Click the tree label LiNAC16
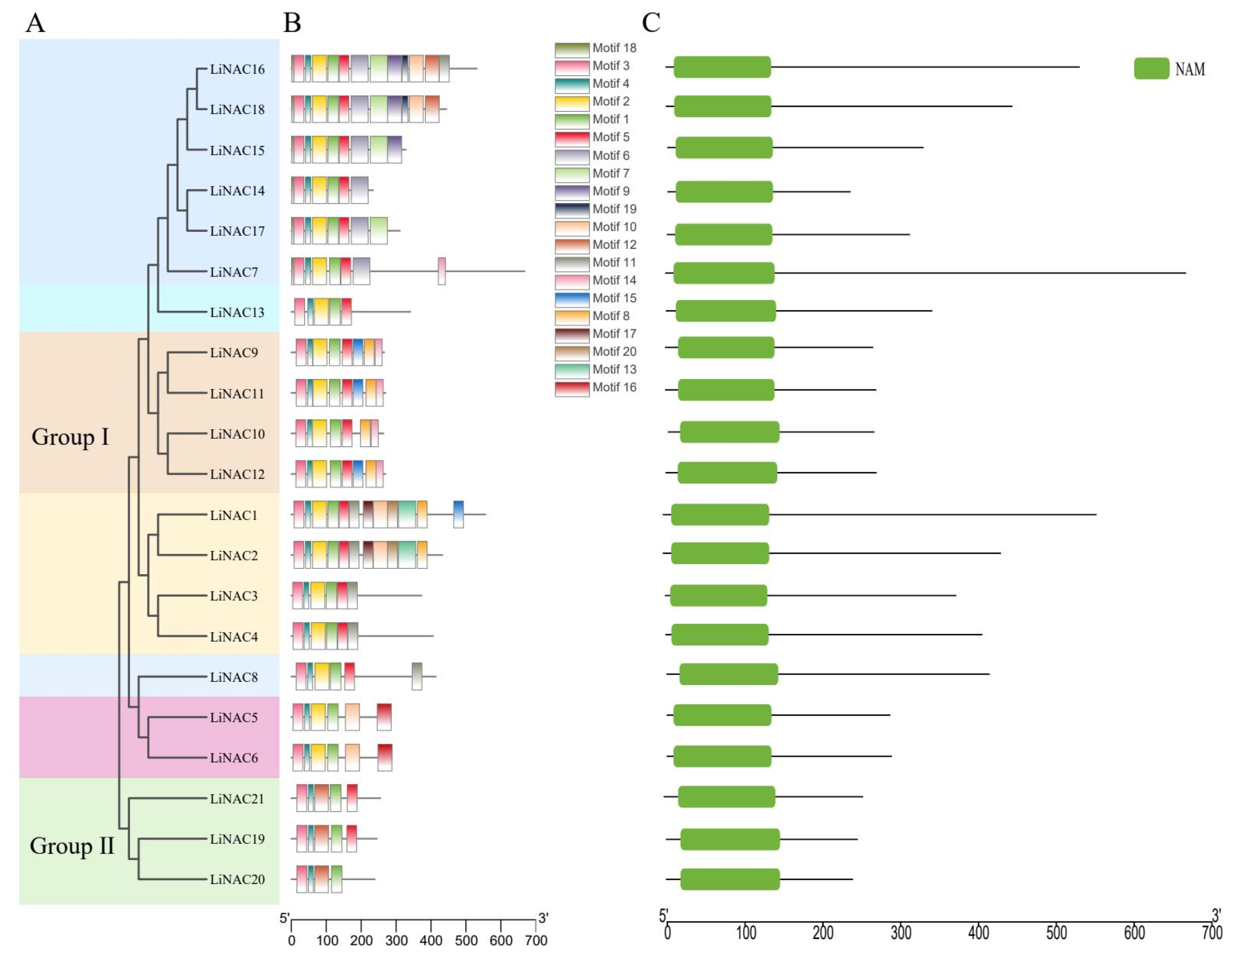[237, 69]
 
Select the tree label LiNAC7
[234, 272]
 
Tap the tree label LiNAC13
[237, 312]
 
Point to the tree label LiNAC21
[237, 798]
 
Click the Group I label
[69, 437]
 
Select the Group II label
[72, 846]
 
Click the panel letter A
[35, 23]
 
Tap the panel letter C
[650, 23]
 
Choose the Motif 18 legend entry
[596, 48]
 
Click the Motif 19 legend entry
[596, 209]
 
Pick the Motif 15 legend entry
[596, 298]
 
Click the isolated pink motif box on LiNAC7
[441, 271]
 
